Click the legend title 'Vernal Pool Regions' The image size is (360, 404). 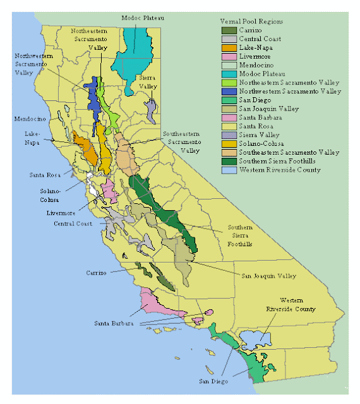[252, 21]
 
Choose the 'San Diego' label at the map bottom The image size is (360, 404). [212, 381]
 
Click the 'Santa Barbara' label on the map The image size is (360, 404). [114, 323]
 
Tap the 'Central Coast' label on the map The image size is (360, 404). [73, 223]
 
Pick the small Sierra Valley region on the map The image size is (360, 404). [150, 110]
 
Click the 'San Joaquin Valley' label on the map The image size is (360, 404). [269, 276]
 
